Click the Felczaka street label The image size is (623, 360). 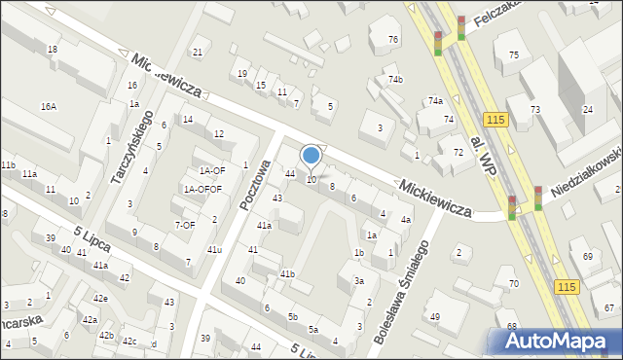494,12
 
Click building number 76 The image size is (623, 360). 392,39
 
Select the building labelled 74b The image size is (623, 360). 395,80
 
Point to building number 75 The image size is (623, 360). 513,55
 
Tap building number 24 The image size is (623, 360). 587,109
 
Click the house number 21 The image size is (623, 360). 198,52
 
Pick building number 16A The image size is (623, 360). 48,106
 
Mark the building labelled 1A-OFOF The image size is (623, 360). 203,189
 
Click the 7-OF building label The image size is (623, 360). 185,225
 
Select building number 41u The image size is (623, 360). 214,250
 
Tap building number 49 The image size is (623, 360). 435,317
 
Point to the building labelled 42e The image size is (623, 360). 100,298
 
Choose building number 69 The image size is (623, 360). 587,256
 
